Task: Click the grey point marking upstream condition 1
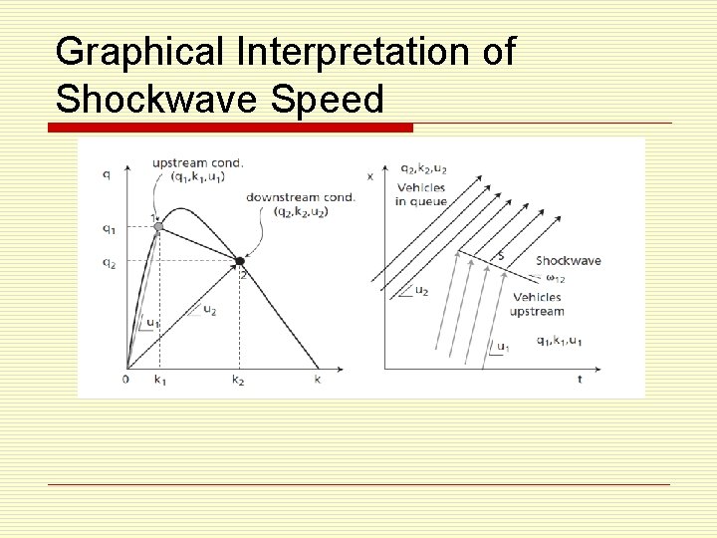(158, 227)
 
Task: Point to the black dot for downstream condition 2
(239, 261)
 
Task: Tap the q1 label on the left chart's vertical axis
(109, 228)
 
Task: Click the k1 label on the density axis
(159, 381)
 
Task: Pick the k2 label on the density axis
(238, 381)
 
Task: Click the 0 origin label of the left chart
(126, 380)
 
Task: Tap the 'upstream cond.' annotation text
(197, 162)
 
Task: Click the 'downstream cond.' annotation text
(301, 197)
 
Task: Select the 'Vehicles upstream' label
(538, 304)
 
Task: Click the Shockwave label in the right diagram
(568, 261)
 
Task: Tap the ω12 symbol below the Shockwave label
(555, 280)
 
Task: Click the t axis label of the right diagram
(580, 380)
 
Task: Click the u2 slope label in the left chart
(209, 310)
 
